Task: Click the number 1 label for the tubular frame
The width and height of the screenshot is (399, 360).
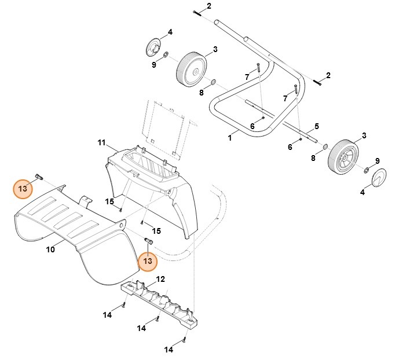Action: coord(230,138)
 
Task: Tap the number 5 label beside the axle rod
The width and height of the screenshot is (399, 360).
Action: coord(317,126)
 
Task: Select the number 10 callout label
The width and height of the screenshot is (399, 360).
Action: coord(50,249)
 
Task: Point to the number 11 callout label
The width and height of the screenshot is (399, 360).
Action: coord(101,142)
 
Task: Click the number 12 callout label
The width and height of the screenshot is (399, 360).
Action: coord(160,279)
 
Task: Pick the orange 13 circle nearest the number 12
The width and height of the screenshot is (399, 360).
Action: coord(148,261)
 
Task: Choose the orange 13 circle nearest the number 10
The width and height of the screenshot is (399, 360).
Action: coord(23,189)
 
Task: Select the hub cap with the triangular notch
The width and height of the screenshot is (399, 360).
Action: coord(379,178)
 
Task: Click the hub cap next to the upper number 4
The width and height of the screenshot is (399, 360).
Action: coord(153,47)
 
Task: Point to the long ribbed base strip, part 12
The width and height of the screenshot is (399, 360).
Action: coord(159,304)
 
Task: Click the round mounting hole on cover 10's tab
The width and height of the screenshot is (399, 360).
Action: coord(121,225)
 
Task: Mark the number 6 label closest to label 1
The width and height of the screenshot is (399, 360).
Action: coord(252,126)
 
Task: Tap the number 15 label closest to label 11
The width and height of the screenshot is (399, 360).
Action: coord(109,201)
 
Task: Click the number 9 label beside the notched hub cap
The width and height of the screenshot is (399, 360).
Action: coord(378,161)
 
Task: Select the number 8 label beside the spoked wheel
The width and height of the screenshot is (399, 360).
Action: coord(313,158)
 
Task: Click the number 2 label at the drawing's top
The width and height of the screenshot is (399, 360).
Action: coord(209,6)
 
